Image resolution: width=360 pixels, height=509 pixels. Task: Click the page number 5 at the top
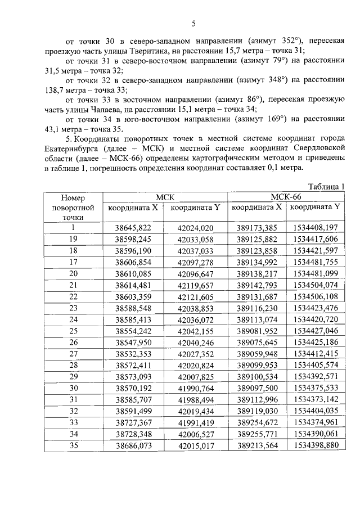click(193, 23)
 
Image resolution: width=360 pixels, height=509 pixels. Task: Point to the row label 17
click(73, 262)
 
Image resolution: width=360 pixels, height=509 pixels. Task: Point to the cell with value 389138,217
click(257, 273)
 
